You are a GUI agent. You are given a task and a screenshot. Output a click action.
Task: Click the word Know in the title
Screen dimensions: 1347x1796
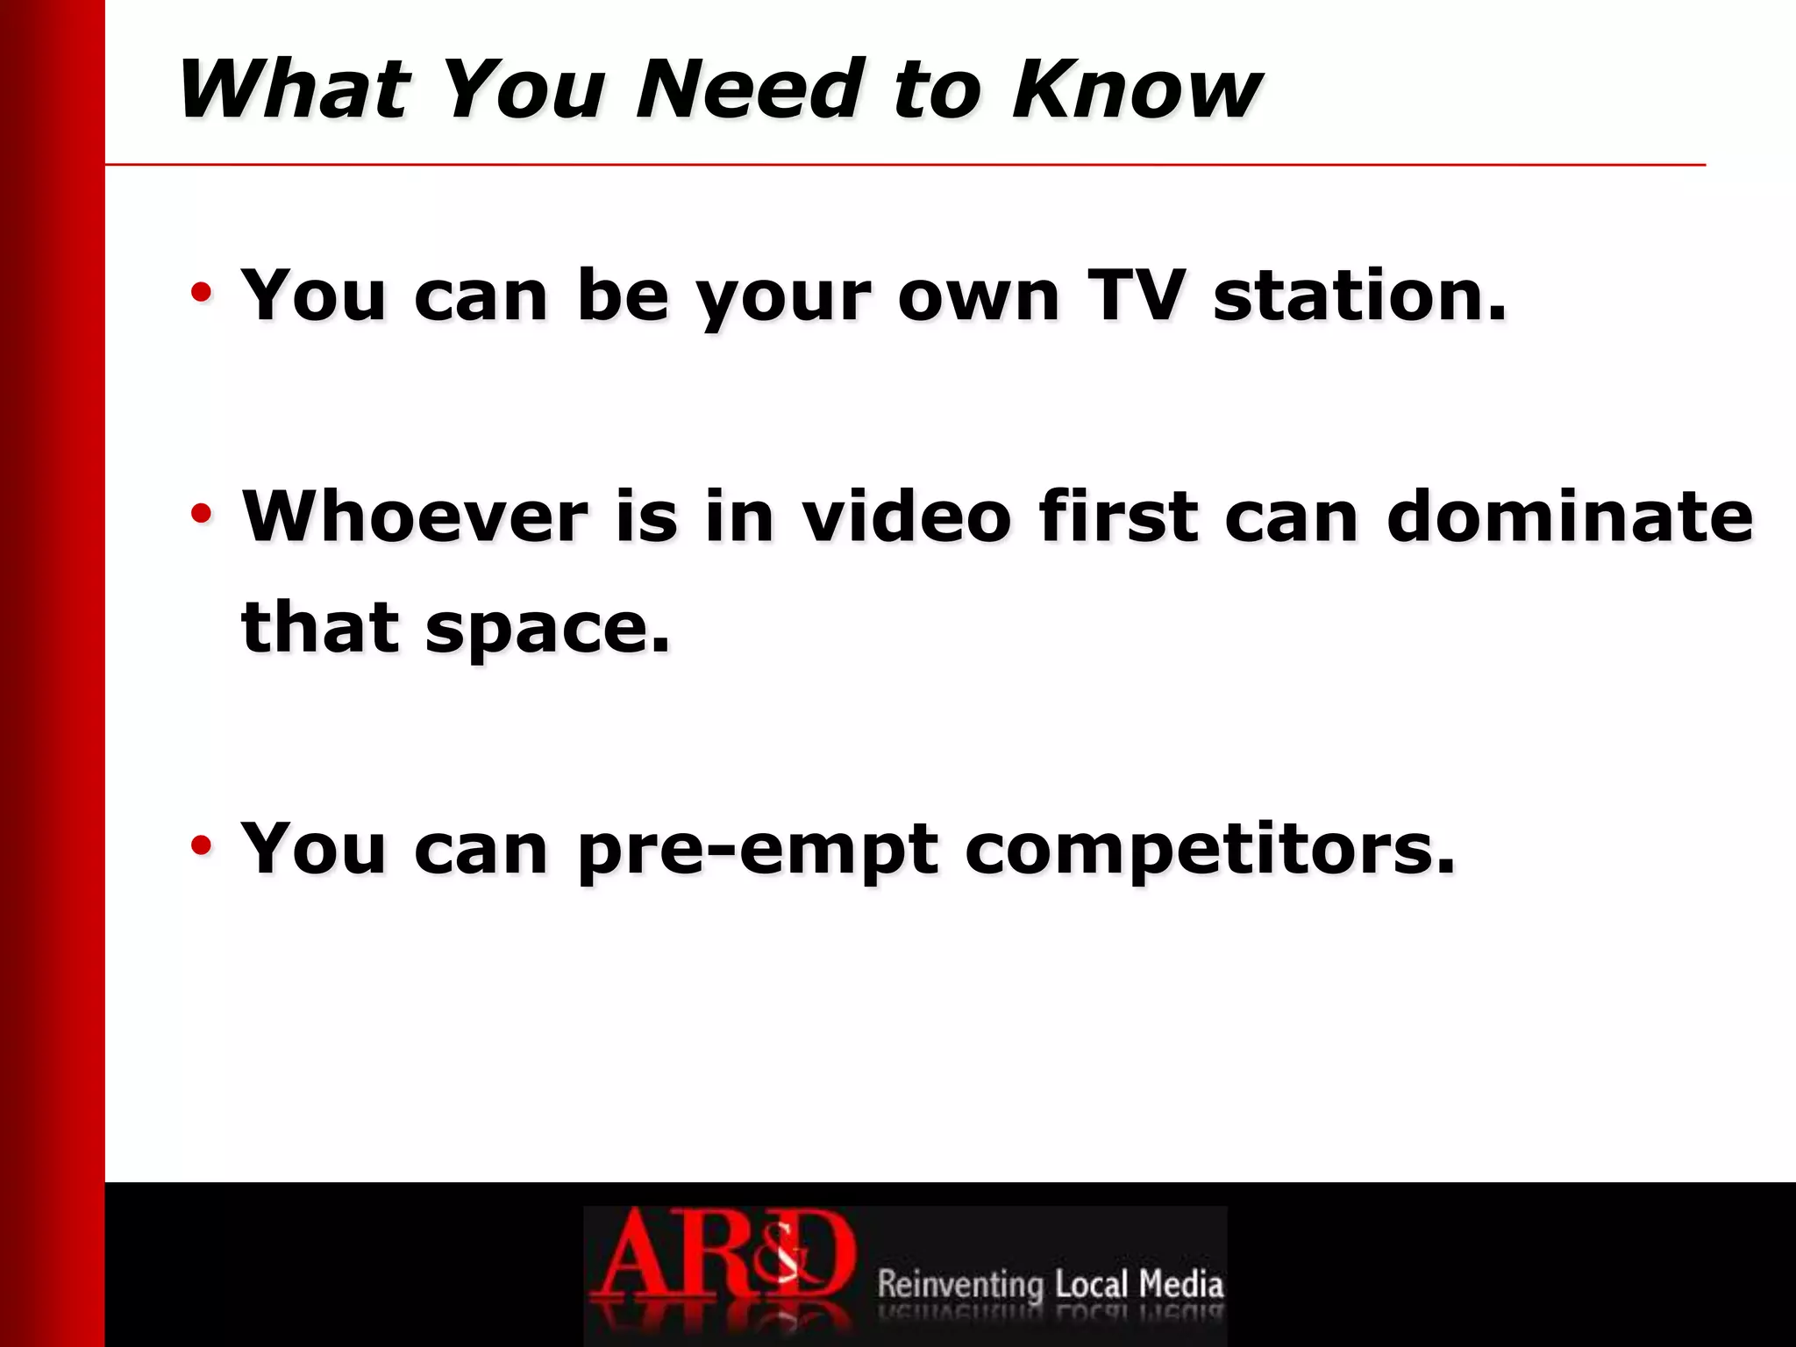[x=1137, y=89]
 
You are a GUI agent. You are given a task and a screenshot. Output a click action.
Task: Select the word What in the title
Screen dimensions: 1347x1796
[x=294, y=89]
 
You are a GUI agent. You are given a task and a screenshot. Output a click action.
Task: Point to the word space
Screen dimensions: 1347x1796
[x=547, y=630]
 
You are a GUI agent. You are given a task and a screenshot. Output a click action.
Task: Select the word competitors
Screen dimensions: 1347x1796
[x=1210, y=851]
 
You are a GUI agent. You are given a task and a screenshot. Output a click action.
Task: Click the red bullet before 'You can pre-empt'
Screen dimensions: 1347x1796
[x=202, y=845]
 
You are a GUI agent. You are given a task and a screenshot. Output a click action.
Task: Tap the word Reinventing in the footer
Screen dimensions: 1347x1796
[x=960, y=1284]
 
